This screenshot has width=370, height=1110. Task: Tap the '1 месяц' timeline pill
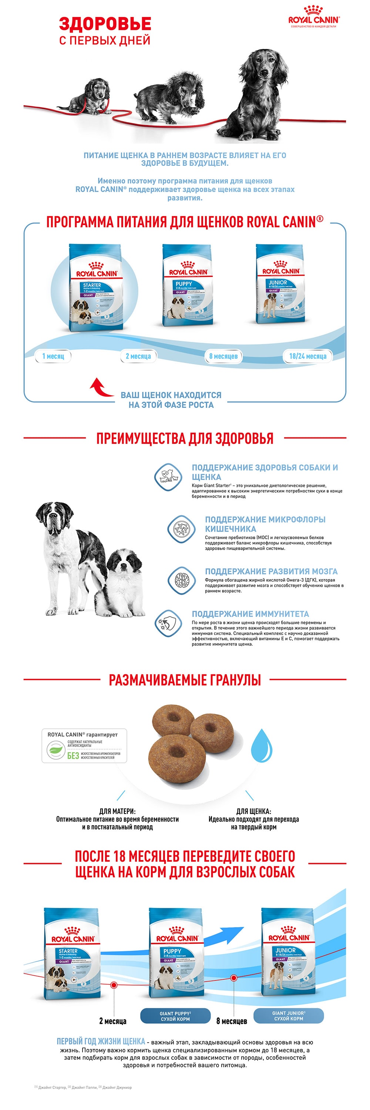click(x=53, y=356)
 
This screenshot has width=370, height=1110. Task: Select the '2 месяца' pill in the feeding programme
click(x=138, y=356)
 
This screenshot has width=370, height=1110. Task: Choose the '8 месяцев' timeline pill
click(x=223, y=356)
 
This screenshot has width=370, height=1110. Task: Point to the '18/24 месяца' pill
click(x=307, y=356)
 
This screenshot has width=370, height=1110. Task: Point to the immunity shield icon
click(x=168, y=623)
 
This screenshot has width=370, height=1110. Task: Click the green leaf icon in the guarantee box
click(x=56, y=750)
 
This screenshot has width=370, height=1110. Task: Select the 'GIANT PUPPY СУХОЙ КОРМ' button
click(x=175, y=1016)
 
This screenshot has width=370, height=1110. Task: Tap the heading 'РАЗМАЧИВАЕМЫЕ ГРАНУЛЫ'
click(x=185, y=680)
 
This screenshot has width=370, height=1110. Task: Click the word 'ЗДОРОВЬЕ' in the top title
click(x=105, y=23)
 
